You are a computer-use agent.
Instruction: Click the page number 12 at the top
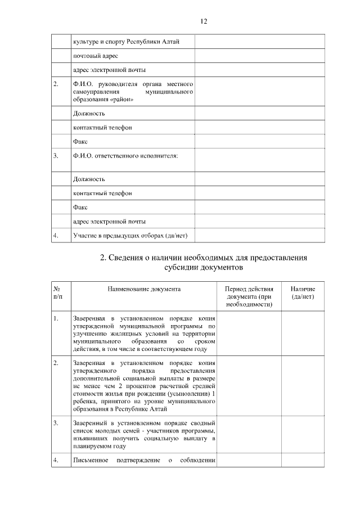click(x=204, y=21)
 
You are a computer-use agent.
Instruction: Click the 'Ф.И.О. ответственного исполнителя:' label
click(x=125, y=156)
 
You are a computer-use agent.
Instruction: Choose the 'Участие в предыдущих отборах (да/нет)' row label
click(x=129, y=235)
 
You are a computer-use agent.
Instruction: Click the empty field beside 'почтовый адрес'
click(x=260, y=56)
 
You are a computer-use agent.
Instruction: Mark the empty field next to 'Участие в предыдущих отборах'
click(x=260, y=235)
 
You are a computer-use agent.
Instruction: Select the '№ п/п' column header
click(x=57, y=292)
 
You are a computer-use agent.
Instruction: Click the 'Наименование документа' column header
click(x=144, y=289)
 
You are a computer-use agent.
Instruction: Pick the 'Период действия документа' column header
click(x=249, y=296)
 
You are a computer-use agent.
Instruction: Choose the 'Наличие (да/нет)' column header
click(x=303, y=292)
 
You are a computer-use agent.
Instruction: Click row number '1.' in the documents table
click(x=56, y=319)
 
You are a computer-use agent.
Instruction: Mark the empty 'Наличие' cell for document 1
click(x=303, y=334)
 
